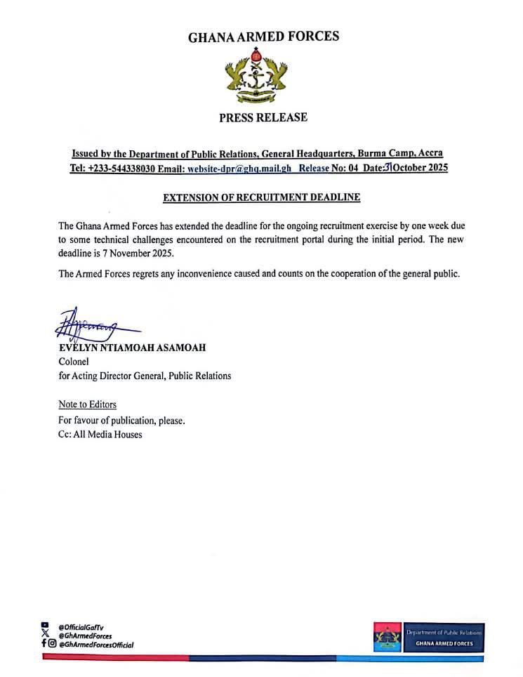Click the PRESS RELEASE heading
click(x=263, y=117)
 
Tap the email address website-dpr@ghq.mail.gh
click(x=238, y=169)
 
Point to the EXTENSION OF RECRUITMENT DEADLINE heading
click(x=261, y=198)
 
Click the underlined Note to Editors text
click(x=87, y=405)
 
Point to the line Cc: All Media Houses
click(x=100, y=435)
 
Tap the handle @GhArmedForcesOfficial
click(x=95, y=645)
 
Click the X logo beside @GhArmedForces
click(x=46, y=635)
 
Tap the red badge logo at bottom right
click(x=388, y=636)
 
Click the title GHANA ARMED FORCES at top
click(x=263, y=37)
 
